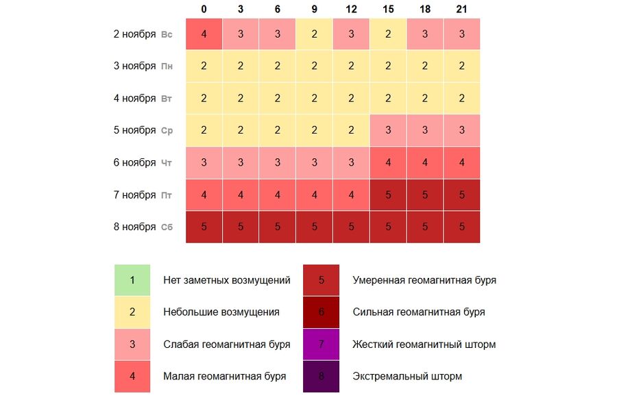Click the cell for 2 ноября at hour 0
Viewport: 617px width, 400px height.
pyautogui.click(x=204, y=34)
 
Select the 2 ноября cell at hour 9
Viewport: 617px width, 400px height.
pyautogui.click(x=314, y=34)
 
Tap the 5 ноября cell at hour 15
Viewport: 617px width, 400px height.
pyautogui.click(x=388, y=130)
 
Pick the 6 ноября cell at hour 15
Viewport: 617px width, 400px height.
pyautogui.click(x=388, y=162)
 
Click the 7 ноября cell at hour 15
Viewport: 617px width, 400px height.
pyautogui.click(x=388, y=195)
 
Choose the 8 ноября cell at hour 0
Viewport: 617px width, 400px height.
pyautogui.click(x=204, y=227)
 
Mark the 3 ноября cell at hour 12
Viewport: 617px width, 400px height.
pyautogui.click(x=351, y=66)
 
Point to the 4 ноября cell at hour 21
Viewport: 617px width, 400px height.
pyautogui.click(x=461, y=99)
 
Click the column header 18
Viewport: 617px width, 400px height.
pyautogui.click(x=425, y=9)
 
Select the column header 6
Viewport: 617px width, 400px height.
pyautogui.click(x=277, y=9)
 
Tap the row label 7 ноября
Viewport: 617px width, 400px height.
pyautogui.click(x=134, y=195)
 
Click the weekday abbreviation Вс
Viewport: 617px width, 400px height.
pyautogui.click(x=167, y=34)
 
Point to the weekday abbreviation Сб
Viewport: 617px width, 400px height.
pyautogui.click(x=167, y=227)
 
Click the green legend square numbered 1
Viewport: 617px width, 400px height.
pyautogui.click(x=132, y=280)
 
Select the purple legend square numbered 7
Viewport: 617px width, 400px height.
pyautogui.click(x=321, y=344)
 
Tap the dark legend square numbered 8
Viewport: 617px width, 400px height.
pyautogui.click(x=321, y=376)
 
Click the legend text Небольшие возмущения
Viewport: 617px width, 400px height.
pyautogui.click(x=221, y=312)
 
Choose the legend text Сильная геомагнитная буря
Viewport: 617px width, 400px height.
pyautogui.click(x=418, y=312)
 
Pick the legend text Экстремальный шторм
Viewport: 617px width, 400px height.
pyautogui.click(x=407, y=376)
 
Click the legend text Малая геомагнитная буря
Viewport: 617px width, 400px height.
pyautogui.click(x=224, y=376)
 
